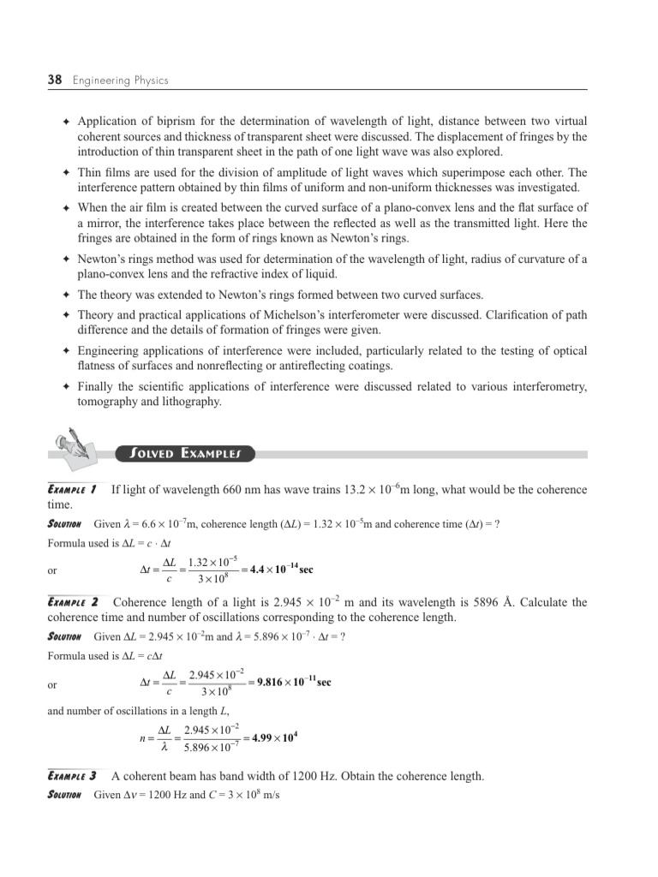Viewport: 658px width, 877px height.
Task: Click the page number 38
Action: (56, 81)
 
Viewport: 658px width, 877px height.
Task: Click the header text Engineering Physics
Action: (121, 81)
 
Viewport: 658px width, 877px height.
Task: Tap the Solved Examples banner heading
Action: (184, 453)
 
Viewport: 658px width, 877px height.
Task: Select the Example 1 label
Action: (71, 490)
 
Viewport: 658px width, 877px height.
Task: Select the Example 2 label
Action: (73, 603)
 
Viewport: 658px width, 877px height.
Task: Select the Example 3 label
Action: (72, 777)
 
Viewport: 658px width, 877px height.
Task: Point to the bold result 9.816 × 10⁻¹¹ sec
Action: (292, 682)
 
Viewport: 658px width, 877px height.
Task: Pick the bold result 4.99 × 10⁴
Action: (274, 738)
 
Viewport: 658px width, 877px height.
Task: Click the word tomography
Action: (111, 402)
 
